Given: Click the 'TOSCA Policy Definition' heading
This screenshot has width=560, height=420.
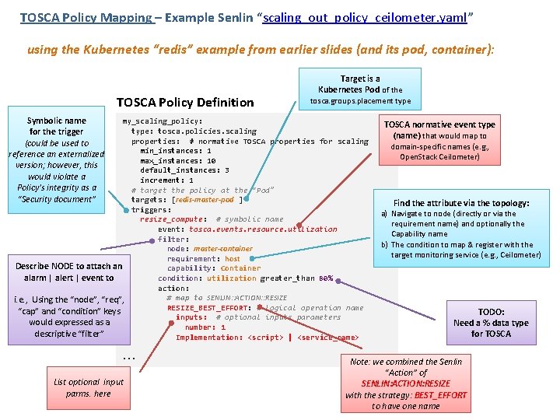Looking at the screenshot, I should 185,102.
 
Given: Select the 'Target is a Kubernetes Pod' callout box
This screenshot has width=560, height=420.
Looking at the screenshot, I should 360,89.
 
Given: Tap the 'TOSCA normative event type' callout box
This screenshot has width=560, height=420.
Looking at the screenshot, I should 439,141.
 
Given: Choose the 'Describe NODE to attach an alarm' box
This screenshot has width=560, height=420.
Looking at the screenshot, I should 68,271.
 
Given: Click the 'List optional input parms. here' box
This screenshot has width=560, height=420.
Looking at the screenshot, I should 89,387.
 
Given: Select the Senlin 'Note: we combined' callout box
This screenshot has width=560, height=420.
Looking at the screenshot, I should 406,383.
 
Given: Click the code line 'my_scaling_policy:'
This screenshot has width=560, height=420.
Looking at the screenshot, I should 163,121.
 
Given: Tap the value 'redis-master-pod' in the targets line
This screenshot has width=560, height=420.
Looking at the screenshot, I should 205,200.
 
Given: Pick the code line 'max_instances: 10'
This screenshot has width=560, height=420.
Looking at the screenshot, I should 178,161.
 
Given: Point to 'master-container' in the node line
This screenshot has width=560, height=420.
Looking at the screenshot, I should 223,249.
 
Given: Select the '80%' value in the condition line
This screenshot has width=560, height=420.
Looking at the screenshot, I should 325,278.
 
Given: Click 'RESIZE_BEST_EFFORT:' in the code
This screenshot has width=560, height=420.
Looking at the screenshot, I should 208,308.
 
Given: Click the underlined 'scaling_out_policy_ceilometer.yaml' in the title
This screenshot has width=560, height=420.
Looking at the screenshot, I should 365,18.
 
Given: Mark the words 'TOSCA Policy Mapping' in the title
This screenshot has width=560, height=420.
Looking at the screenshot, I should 86,18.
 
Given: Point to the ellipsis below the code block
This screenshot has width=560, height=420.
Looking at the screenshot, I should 129,357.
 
